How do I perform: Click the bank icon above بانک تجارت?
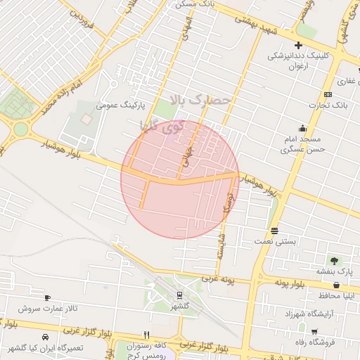tap(328, 94)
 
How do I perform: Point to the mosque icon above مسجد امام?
tap(302, 128)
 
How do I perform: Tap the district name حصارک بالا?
tap(200, 101)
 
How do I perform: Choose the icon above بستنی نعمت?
tap(274, 231)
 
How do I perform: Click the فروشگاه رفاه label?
tap(318, 342)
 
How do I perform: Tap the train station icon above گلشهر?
tap(179, 295)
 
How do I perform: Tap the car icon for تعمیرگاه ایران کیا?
tap(46, 337)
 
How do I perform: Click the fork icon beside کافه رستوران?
tap(147, 335)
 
